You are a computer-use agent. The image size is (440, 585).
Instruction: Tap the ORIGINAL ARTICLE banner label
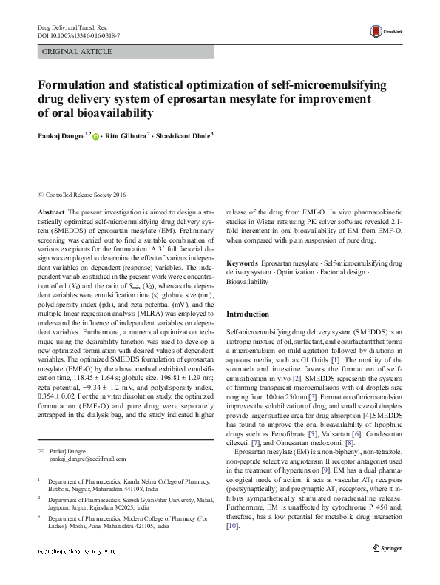tap(78, 52)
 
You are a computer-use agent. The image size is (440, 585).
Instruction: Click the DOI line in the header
tap(79, 35)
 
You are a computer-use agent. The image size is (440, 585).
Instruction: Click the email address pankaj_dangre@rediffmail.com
tap(84, 459)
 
